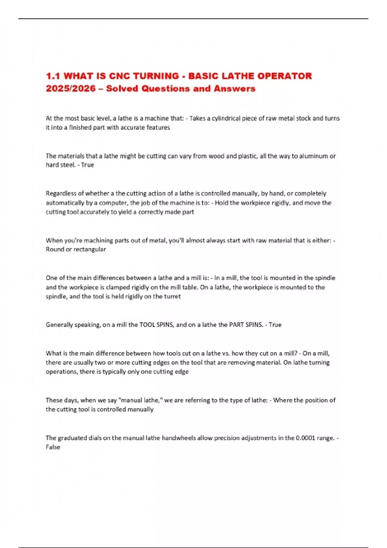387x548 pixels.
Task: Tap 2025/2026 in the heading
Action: click(x=71, y=89)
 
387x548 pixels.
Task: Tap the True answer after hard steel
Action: click(x=87, y=165)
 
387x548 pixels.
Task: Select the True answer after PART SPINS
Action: click(x=275, y=325)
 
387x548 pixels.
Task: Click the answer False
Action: click(x=53, y=447)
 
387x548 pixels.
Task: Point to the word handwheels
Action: click(x=179, y=438)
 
